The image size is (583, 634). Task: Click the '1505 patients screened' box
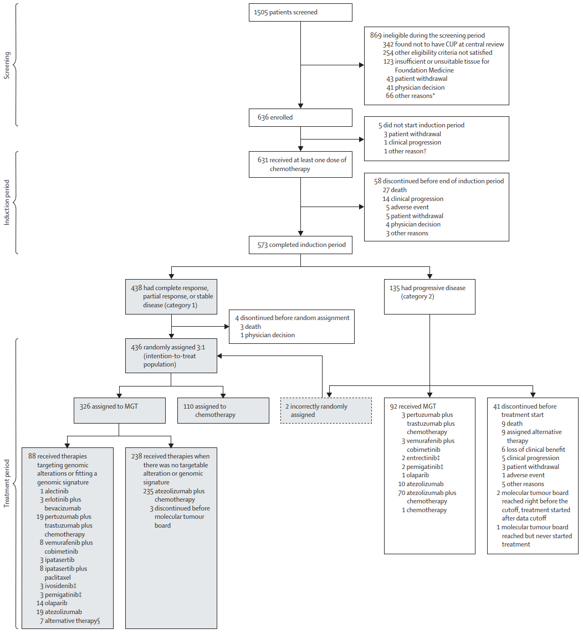click(x=300, y=13)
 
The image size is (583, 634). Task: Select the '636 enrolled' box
click(x=300, y=117)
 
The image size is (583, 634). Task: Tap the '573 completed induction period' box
click(x=300, y=245)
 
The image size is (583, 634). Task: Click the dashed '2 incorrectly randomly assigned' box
click(x=326, y=410)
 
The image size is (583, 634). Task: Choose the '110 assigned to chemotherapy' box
click(x=223, y=410)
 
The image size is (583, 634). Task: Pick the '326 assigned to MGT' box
click(x=119, y=410)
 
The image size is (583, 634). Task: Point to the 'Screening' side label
click(x=7, y=65)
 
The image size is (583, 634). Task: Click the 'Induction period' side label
click(x=7, y=202)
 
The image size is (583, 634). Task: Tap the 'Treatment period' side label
click(x=7, y=483)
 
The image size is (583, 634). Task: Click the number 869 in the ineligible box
click(x=375, y=35)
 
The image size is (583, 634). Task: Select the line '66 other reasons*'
click(x=410, y=96)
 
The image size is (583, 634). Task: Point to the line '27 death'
click(x=395, y=190)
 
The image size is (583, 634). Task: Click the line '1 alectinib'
click(x=54, y=491)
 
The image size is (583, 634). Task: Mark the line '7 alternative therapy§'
click(x=70, y=621)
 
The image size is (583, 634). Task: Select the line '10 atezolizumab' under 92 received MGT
click(x=421, y=484)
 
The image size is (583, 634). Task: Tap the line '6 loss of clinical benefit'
click(x=533, y=450)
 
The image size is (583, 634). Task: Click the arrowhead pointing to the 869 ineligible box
click(x=362, y=65)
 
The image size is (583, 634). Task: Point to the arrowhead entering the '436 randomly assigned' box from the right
click(x=219, y=356)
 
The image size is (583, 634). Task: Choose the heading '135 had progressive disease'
click(x=427, y=288)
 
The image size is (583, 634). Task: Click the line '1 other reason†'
click(x=405, y=151)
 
